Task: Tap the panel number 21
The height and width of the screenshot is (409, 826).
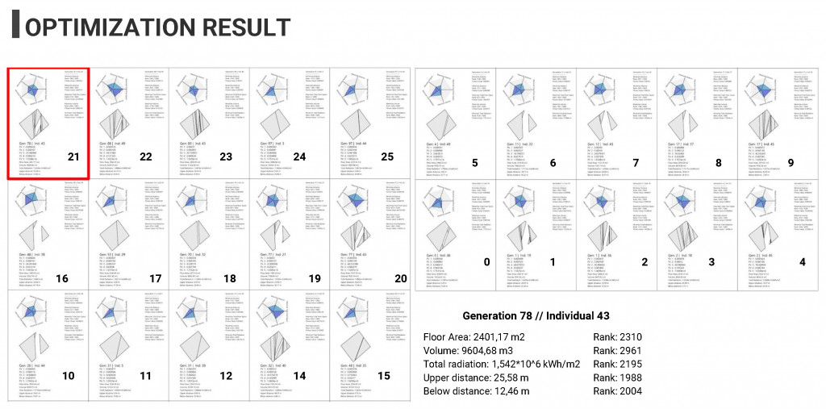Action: click(x=73, y=157)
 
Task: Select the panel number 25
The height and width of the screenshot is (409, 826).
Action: click(x=387, y=157)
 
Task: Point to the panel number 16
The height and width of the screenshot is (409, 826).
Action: click(x=62, y=278)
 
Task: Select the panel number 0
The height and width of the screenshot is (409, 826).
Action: click(x=486, y=262)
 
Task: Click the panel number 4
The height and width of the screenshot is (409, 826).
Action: click(x=802, y=262)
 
